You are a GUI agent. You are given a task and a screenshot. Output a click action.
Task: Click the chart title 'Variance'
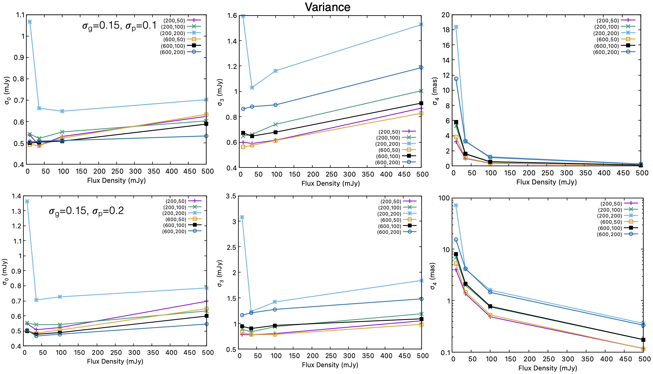pyautogui.click(x=327, y=7)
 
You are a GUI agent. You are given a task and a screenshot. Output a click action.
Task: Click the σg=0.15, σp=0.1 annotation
pyautogui.click(x=119, y=25)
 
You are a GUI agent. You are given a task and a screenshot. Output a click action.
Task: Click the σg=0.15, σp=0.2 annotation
pyautogui.click(x=86, y=211)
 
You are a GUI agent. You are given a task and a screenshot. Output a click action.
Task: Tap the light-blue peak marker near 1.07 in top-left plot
pyautogui.click(x=30, y=22)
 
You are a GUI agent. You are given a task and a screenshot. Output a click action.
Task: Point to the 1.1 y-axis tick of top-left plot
pyautogui.click(x=20, y=15)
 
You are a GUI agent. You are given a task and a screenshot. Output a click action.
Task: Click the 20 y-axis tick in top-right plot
pyautogui.click(x=446, y=15)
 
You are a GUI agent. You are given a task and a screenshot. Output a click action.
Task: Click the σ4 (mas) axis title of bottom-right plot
pyautogui.click(x=433, y=276)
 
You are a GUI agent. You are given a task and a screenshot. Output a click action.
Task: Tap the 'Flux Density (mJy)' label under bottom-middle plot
pyautogui.click(x=330, y=365)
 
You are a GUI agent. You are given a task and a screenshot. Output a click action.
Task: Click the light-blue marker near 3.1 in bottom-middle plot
pyautogui.click(x=242, y=217)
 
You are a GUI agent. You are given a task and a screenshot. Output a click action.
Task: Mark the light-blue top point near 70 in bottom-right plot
pyautogui.click(x=456, y=205)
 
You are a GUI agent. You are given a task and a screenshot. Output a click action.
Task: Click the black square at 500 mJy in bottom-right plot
pyautogui.click(x=643, y=340)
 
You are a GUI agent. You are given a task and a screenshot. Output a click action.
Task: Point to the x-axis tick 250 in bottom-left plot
pyautogui.click(x=116, y=353)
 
